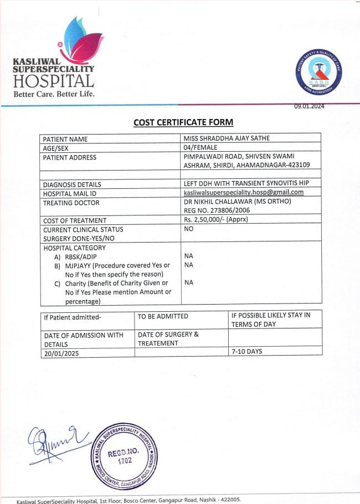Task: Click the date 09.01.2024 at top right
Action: (309, 106)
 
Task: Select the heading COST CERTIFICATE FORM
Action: (183, 122)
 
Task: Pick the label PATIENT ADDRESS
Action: (70, 157)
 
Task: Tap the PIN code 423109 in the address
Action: (297, 166)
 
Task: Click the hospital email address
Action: (244, 193)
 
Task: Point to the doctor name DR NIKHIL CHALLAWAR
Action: (219, 202)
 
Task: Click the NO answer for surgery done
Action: (188, 229)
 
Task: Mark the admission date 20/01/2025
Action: (62, 352)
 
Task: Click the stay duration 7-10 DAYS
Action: (247, 352)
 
